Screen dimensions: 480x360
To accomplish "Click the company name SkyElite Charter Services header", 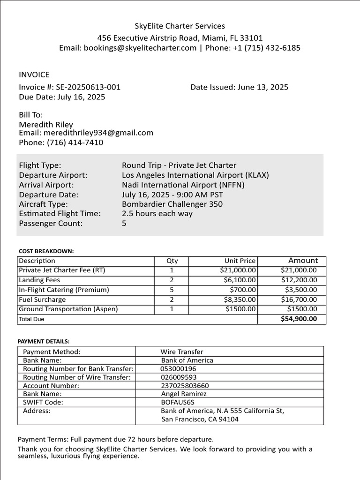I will [180, 26].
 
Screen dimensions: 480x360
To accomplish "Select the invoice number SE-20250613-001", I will [88, 87].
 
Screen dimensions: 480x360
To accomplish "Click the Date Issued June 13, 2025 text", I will [239, 87].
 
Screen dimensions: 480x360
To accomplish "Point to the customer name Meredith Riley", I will [46, 125].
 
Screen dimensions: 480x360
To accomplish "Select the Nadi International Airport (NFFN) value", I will [183, 185].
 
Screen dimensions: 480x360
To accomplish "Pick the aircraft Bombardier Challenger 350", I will [172, 204].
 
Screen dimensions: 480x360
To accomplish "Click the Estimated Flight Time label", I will [60, 214].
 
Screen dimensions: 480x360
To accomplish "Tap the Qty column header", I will [172, 261].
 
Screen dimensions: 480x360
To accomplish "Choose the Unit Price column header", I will [240, 261].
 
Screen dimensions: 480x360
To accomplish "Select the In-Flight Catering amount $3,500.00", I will [299, 290].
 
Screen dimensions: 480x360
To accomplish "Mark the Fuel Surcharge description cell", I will [42, 300].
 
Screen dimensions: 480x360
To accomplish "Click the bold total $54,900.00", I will [299, 319].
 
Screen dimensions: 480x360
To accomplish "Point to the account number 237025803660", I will [185, 386].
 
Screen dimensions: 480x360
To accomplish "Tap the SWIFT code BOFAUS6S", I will [177, 402].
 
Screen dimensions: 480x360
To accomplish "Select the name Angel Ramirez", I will [184, 394].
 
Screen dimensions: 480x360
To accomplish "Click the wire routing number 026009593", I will [179, 377].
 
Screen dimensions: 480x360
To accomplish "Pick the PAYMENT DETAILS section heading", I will [44, 341].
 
